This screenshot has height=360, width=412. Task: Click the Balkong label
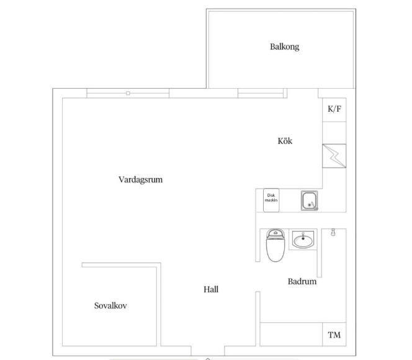click(285, 47)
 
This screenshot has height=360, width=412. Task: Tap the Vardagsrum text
click(141, 180)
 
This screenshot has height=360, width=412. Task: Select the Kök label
click(285, 141)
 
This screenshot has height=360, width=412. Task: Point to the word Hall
click(211, 290)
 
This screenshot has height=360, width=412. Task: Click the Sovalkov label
click(110, 305)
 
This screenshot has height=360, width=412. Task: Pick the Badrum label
click(302, 282)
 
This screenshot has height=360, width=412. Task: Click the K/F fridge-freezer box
click(334, 110)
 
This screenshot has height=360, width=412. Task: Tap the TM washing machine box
click(334, 335)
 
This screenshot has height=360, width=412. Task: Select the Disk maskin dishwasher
click(271, 200)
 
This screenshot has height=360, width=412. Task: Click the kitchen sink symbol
click(309, 200)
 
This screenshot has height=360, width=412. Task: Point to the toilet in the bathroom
click(275, 245)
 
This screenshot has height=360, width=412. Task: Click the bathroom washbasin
click(303, 240)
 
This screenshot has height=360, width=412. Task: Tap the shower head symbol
click(333, 232)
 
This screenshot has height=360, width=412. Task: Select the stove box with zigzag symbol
click(334, 156)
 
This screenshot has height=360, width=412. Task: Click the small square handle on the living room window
click(128, 93)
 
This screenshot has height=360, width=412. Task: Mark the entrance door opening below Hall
click(208, 351)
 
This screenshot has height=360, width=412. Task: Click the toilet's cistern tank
click(275, 233)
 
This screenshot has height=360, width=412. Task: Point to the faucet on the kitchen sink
click(313, 206)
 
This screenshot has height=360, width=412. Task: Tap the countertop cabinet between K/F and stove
click(334, 133)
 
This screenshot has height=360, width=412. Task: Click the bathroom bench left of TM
click(291, 335)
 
